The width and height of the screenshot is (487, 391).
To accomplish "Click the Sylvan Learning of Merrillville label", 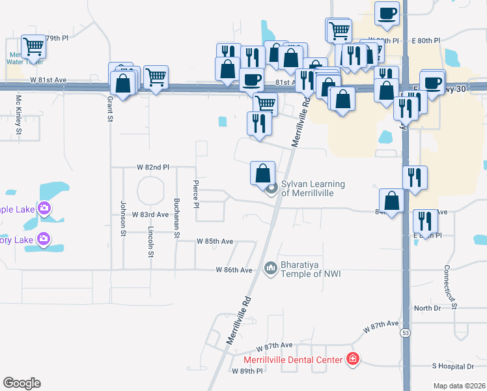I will pyautogui.click(x=313, y=189).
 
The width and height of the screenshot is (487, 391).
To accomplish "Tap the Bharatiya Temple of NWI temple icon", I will pyautogui.click(x=271, y=268).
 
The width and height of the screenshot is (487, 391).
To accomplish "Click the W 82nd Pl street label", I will pyautogui.click(x=153, y=167).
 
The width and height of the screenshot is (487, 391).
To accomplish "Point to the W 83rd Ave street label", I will pyautogui.click(x=150, y=214).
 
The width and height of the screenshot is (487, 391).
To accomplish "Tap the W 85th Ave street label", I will pyautogui.click(x=215, y=241).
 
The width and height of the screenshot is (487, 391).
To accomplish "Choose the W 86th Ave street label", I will pyautogui.click(x=234, y=270).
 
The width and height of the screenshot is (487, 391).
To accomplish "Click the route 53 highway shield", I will pyautogui.click(x=406, y=334).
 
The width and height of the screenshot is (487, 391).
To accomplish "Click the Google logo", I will pyautogui.click(x=21, y=383).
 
